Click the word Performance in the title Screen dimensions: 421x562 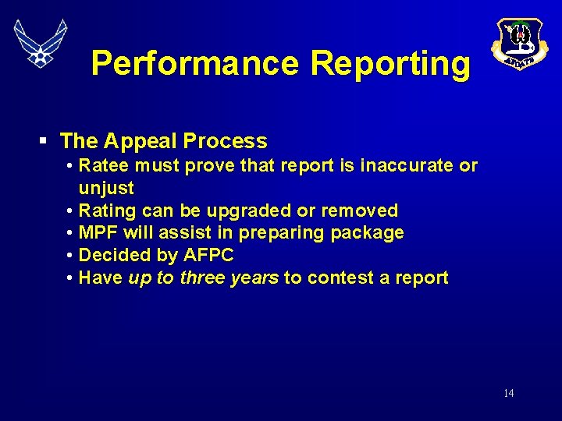pyautogui.click(x=194, y=64)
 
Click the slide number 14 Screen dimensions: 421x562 pyautogui.click(x=508, y=393)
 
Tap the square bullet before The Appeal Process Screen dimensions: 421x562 pyautogui.click(x=43, y=141)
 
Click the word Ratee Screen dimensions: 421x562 pyautogui.click(x=105, y=165)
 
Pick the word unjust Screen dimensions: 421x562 pyautogui.click(x=106, y=188)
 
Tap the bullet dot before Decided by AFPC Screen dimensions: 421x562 pyautogui.click(x=71, y=255)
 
